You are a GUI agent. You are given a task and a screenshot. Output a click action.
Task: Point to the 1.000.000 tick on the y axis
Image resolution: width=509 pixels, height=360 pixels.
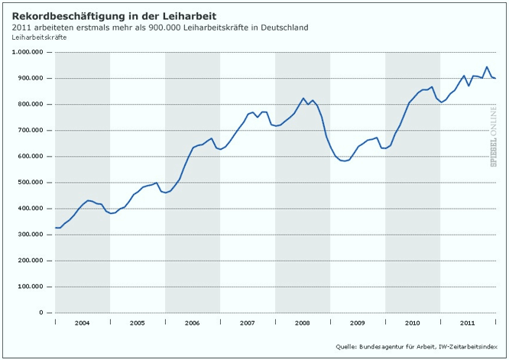point(28,52)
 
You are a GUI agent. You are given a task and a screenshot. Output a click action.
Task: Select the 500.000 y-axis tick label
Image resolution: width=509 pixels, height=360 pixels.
point(31,183)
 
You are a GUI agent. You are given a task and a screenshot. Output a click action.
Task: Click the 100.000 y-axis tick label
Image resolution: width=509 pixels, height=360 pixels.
point(31,287)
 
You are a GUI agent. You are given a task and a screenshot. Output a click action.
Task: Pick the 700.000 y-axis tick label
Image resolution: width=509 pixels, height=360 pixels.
point(31,131)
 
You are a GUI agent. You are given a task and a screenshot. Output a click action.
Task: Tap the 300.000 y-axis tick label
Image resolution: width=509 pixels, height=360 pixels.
point(31,235)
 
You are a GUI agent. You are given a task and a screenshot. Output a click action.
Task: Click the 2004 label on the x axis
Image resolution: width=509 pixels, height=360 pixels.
point(83,323)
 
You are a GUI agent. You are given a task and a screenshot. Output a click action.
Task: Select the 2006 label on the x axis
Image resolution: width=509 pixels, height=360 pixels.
point(193,323)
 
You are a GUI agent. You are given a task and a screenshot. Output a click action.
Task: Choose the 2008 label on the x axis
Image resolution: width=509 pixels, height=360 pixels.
point(303,323)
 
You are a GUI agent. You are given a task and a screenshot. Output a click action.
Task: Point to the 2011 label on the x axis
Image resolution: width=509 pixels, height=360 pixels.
point(468,323)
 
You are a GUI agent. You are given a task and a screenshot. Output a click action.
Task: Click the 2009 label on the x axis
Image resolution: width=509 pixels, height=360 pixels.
point(358,323)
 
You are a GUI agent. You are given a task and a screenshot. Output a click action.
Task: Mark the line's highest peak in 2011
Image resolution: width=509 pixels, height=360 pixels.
point(487,67)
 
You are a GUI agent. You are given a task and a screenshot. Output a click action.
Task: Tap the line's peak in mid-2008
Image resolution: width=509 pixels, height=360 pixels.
point(303,99)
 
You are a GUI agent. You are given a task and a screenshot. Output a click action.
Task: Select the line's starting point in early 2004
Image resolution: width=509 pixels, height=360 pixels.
point(56,228)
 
